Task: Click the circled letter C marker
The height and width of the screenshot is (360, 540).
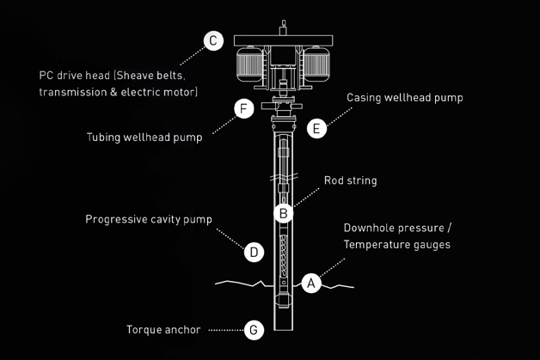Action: point(213,40)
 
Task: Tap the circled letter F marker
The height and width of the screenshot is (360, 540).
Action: point(244,110)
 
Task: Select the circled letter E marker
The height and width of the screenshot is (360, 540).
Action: point(316,129)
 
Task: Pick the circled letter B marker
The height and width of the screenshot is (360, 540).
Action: point(284,211)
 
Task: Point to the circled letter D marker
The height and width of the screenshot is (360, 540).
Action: point(254,252)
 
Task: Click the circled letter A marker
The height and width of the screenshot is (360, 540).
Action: point(312,283)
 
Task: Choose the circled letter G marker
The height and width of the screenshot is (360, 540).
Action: point(253,329)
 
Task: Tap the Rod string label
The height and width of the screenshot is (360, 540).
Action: point(350,181)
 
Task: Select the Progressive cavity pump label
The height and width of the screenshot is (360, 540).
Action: point(148,219)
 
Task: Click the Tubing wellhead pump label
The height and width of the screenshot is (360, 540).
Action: point(144,137)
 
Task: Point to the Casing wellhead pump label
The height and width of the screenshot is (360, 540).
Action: point(404,98)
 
